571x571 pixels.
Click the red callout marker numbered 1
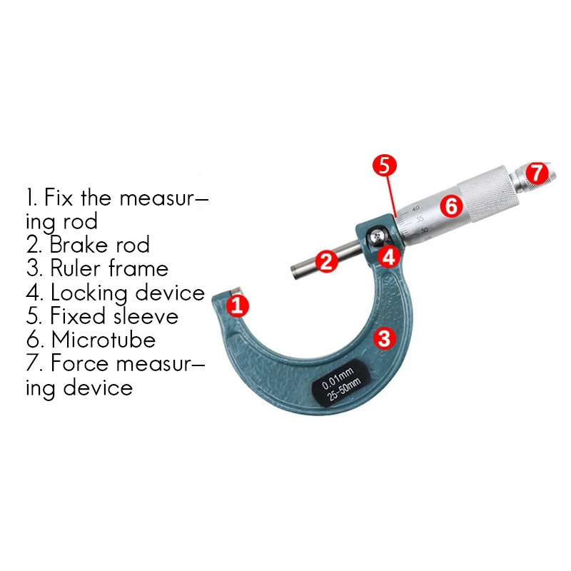(x=238, y=307)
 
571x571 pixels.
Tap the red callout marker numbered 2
(x=326, y=261)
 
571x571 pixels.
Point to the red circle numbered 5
(x=383, y=166)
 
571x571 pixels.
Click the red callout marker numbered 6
(x=450, y=207)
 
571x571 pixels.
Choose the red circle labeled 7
(x=537, y=173)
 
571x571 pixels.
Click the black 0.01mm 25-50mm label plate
(x=340, y=385)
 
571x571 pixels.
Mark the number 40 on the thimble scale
(x=416, y=208)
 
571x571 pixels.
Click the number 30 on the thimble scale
(x=425, y=230)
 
